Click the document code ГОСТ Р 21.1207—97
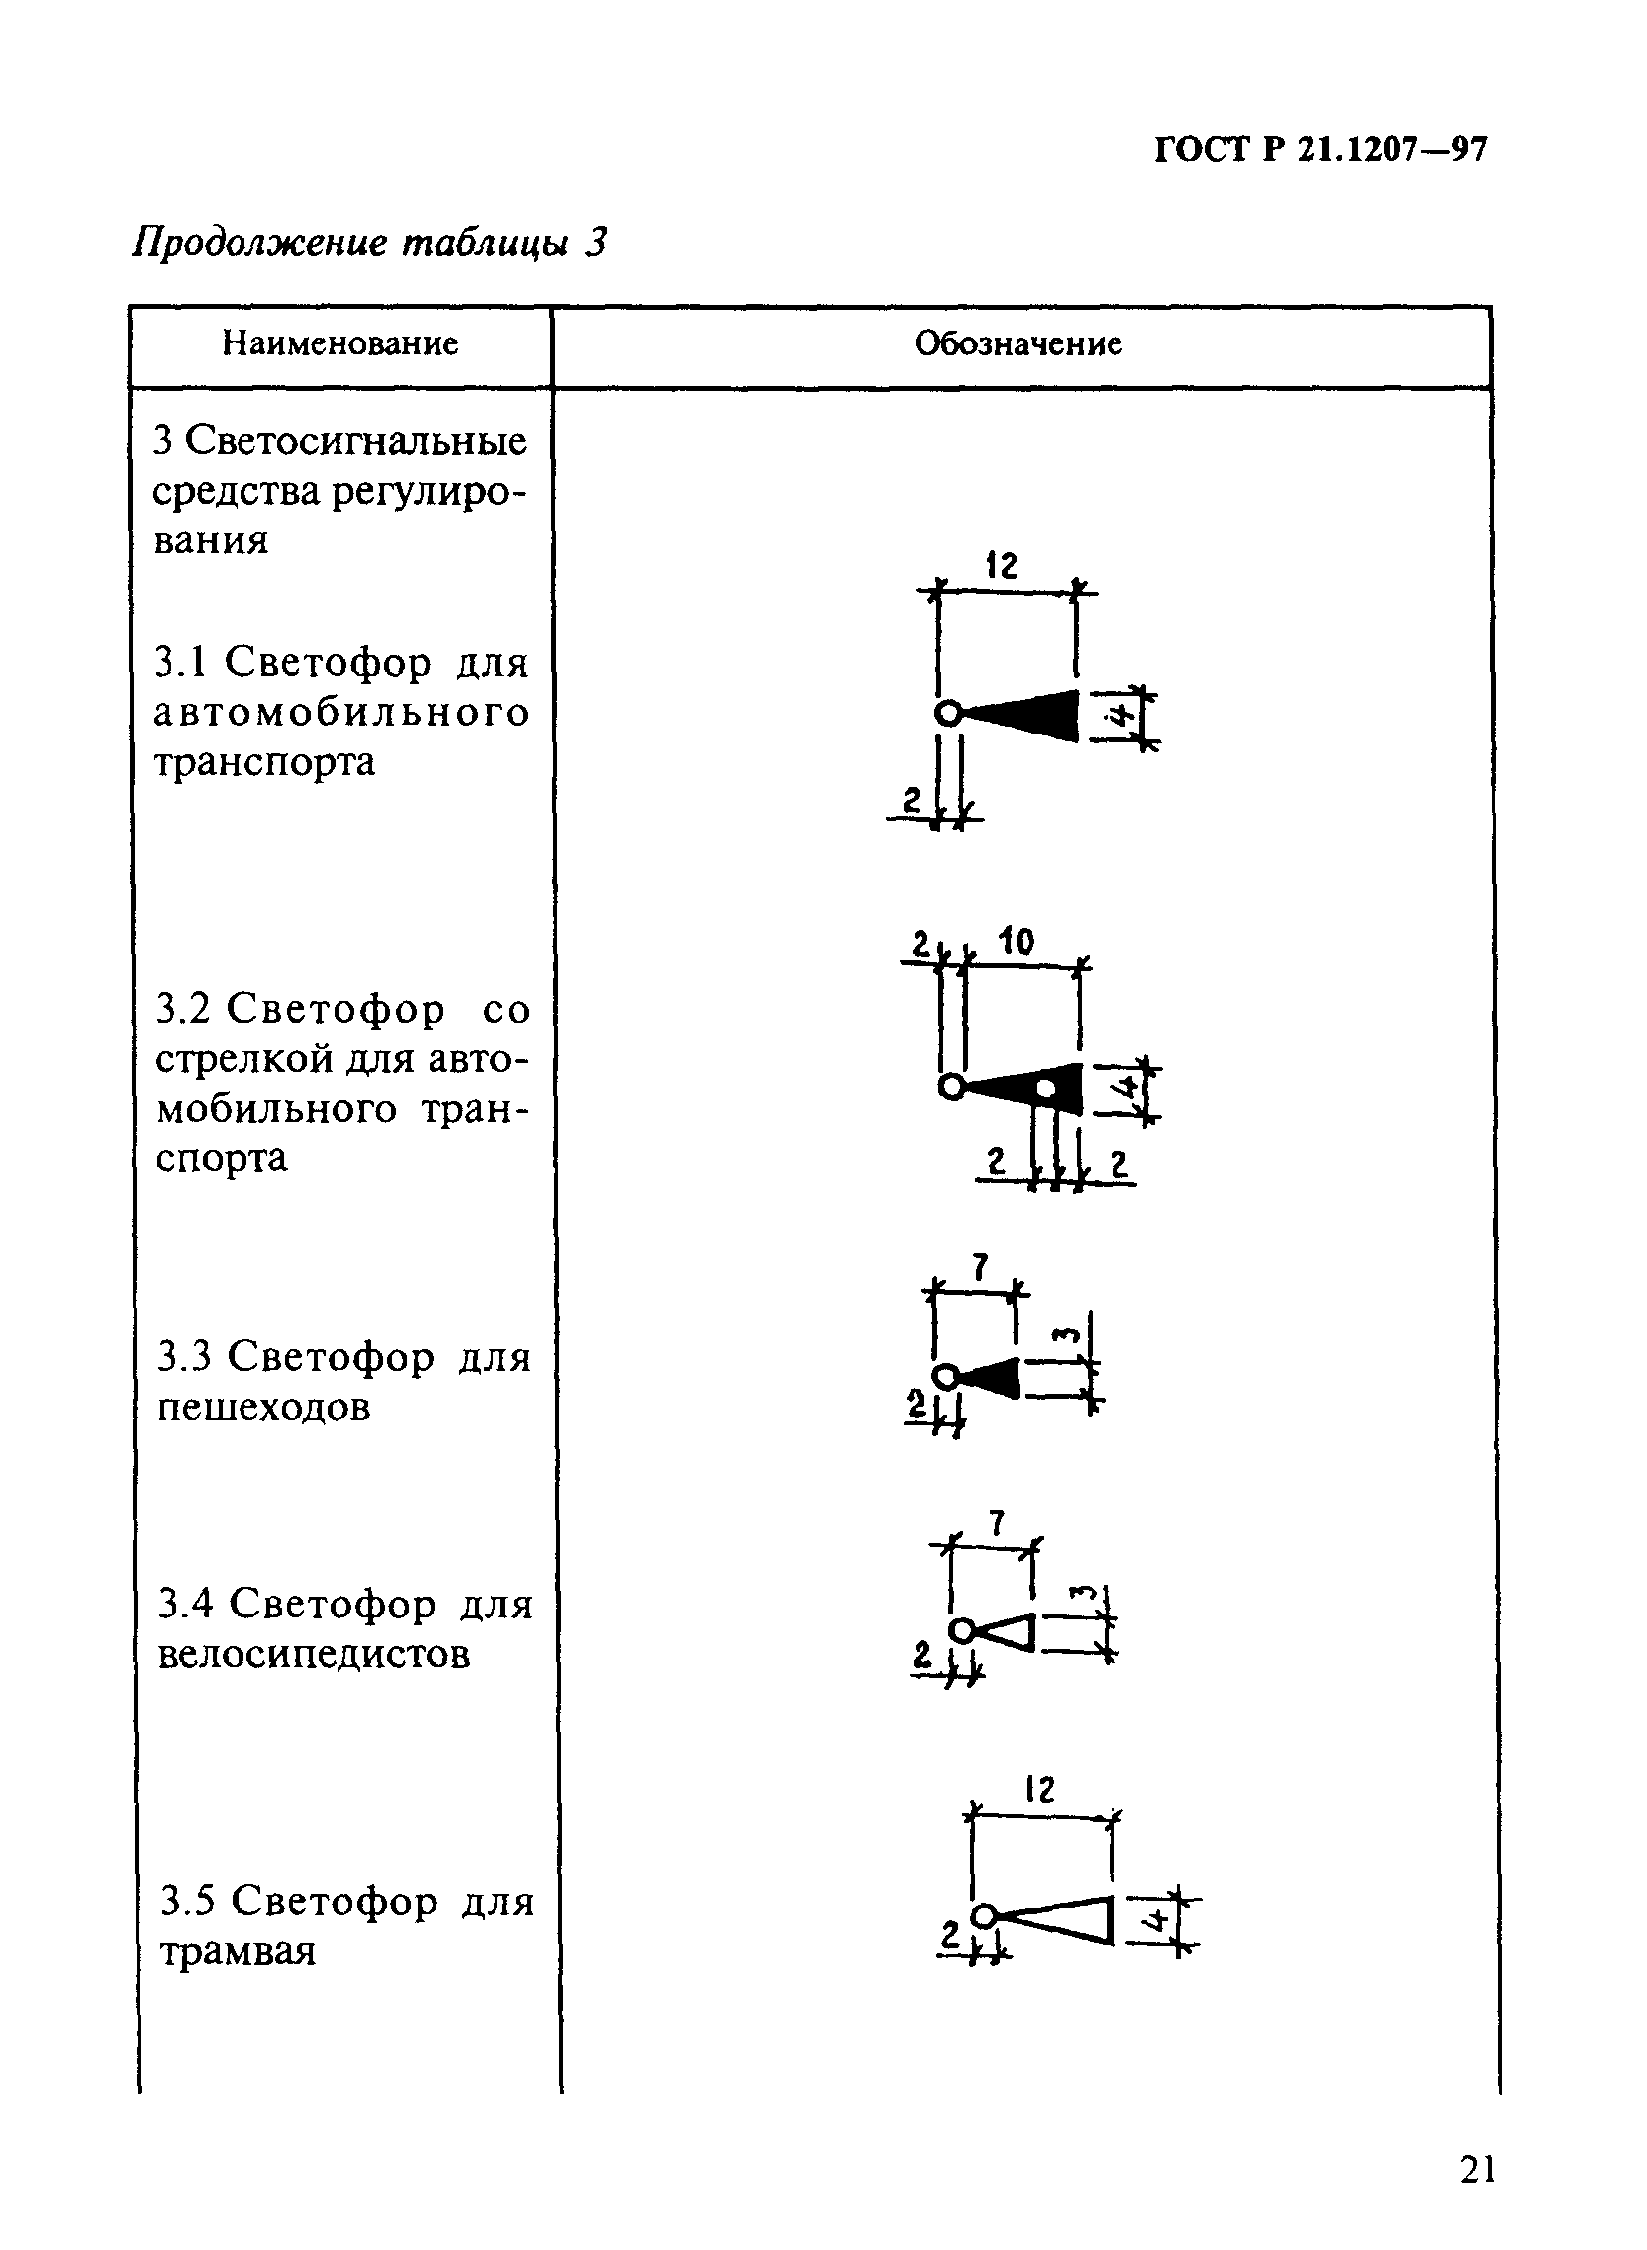[x=1320, y=150]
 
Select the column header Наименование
[x=339, y=343]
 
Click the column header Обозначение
[x=1017, y=343]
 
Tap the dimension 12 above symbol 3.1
[x=1002, y=566]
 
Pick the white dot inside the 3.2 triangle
[x=1046, y=1089]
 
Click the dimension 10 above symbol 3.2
[x=1016, y=941]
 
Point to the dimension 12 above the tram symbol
[x=1039, y=1791]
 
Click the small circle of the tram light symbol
[x=984, y=1915]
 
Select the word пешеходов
[x=264, y=1407]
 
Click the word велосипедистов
[x=314, y=1654]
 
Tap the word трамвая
[x=238, y=1951]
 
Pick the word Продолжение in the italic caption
[x=258, y=243]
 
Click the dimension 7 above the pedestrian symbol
[x=981, y=1267]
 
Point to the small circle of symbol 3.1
[x=949, y=714]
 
